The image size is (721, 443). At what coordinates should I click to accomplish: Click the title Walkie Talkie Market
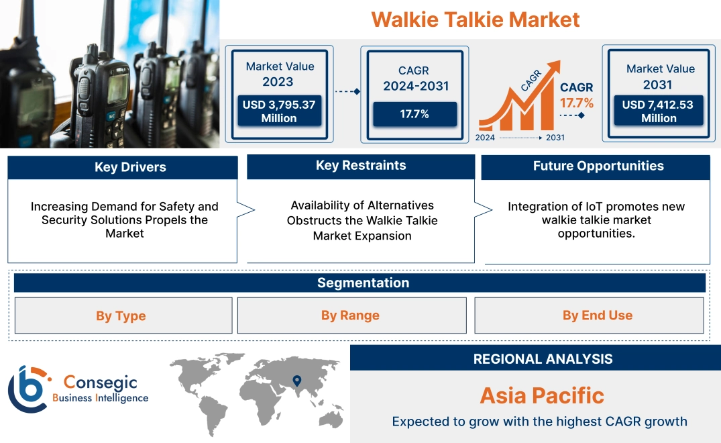coord(475,19)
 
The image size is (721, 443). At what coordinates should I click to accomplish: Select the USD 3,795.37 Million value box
coord(278,111)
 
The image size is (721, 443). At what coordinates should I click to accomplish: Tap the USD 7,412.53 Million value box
coord(659,111)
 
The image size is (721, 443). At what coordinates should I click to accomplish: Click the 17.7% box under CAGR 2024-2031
coord(414,113)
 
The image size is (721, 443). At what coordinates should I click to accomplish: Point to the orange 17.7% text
coord(577,103)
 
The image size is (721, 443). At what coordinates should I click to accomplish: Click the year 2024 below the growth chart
coord(486,138)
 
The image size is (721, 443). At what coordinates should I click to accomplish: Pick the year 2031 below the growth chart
coord(555,138)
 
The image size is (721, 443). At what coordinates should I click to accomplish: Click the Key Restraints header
coord(361,166)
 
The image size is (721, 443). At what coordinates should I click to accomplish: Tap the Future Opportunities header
coord(598,166)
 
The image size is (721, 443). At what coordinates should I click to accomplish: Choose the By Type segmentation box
coord(121,315)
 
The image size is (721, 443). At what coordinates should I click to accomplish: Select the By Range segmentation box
coord(350,315)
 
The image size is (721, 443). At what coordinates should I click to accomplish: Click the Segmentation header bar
coord(363,283)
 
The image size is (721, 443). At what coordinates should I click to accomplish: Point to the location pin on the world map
coord(296,381)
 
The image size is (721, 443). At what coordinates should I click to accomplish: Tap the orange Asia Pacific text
coord(542,395)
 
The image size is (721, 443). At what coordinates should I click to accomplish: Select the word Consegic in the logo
coord(101,383)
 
